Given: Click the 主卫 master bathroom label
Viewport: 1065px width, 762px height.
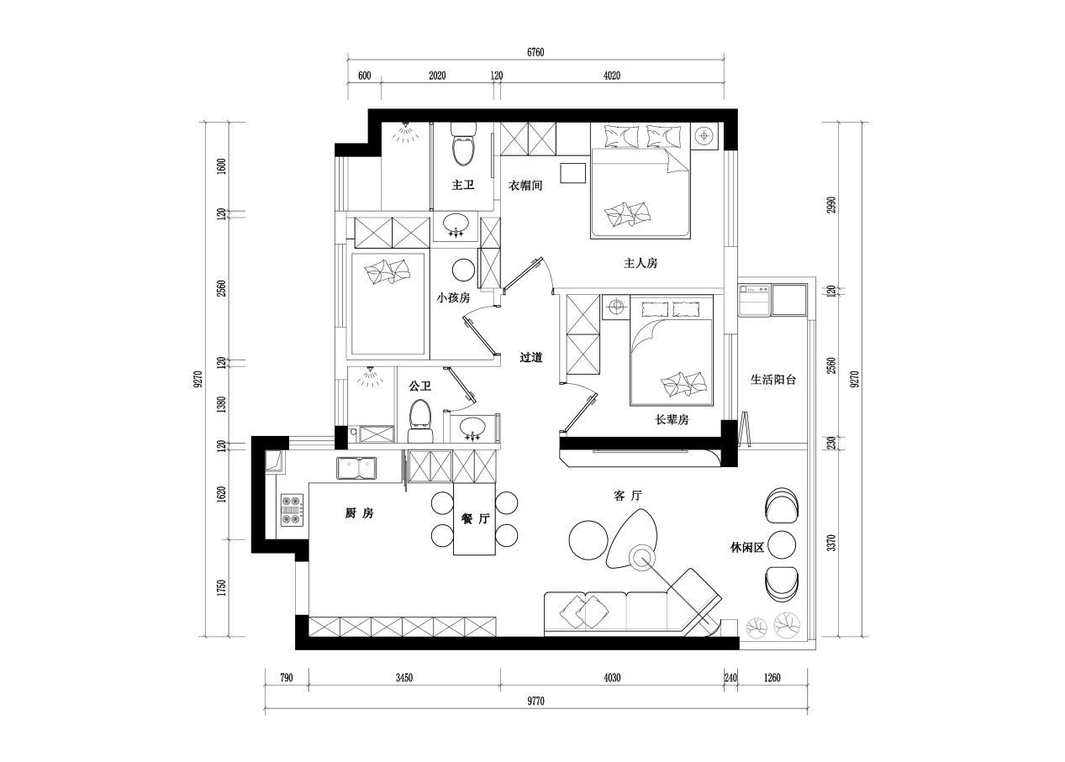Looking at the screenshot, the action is [462, 185].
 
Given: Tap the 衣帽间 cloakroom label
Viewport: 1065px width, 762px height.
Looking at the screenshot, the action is [525, 186].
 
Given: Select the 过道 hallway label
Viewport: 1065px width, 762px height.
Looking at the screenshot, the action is [530, 357].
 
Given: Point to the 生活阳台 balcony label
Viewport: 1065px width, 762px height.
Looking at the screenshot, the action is [773, 379].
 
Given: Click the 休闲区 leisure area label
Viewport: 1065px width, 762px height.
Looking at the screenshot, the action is [747, 548].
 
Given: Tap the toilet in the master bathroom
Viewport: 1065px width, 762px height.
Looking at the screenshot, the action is [463, 144].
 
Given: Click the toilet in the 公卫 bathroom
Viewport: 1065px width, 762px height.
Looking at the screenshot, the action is [420, 421].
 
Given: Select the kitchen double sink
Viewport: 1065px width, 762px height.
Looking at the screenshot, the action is [356, 468].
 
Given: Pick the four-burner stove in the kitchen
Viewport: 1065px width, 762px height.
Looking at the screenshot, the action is [292, 510].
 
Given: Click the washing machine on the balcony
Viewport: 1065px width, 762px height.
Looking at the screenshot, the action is [755, 300].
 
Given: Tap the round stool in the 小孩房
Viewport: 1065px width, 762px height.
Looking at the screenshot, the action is [463, 271].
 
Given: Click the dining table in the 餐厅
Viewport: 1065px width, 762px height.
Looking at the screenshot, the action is [474, 518].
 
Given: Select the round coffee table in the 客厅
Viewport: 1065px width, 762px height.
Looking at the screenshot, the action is [588, 540].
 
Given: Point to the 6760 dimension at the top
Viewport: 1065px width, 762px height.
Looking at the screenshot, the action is [535, 52].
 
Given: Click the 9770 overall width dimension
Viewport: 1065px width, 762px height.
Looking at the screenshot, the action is [535, 702].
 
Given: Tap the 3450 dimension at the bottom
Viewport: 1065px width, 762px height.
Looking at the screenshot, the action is [404, 678].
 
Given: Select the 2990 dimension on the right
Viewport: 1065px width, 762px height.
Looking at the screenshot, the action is [831, 205].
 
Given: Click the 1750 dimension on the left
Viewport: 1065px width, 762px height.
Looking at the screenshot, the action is [221, 588].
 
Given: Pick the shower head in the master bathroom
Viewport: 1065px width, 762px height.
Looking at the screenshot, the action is [405, 133].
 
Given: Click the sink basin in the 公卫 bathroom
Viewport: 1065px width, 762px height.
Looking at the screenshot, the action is [472, 426].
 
